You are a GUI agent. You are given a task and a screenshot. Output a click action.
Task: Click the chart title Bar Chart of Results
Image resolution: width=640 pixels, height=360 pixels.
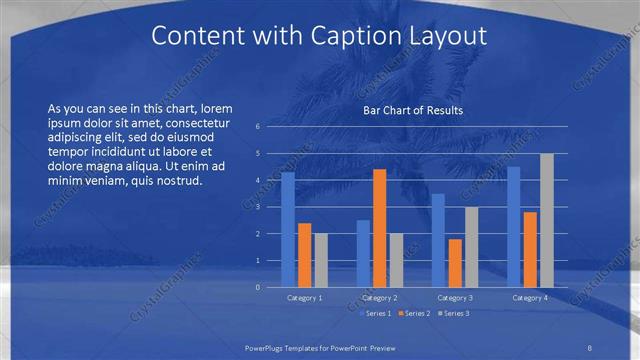pos(412,110)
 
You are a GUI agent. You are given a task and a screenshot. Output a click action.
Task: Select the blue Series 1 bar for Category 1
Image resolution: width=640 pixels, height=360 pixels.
pos(288,229)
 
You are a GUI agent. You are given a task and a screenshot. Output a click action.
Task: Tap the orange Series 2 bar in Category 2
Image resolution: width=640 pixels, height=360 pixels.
pos(379,228)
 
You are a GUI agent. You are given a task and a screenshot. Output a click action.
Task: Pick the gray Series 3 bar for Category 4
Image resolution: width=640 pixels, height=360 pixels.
pos(546,220)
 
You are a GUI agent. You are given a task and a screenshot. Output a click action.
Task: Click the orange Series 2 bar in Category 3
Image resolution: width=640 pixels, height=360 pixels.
pos(455,263)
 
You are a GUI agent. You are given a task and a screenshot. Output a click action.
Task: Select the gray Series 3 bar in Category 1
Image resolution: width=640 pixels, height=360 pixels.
pos(320,260)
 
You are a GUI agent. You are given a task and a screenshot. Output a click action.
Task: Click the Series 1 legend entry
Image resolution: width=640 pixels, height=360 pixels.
pos(374,314)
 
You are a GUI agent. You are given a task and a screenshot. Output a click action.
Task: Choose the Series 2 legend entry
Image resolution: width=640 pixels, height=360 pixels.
pos(412,314)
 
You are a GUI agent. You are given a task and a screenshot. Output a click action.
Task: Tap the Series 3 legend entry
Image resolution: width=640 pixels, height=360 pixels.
pos(451,314)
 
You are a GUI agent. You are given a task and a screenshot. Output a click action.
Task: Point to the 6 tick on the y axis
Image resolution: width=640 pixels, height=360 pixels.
pos(257,127)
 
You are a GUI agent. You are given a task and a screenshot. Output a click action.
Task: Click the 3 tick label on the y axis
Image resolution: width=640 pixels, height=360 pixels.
pos(257,207)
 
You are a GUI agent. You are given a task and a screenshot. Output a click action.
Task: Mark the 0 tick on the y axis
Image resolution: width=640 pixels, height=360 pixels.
pos(257,287)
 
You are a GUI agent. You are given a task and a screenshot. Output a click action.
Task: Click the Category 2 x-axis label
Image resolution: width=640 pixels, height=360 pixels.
pos(380,298)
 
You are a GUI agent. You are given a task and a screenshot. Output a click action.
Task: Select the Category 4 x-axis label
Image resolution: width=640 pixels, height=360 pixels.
pos(530,298)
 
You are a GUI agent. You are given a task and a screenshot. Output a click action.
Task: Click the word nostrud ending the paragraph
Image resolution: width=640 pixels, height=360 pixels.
pos(181,180)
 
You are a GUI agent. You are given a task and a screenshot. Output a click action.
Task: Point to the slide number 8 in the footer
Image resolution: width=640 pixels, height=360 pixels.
pos(589,347)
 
